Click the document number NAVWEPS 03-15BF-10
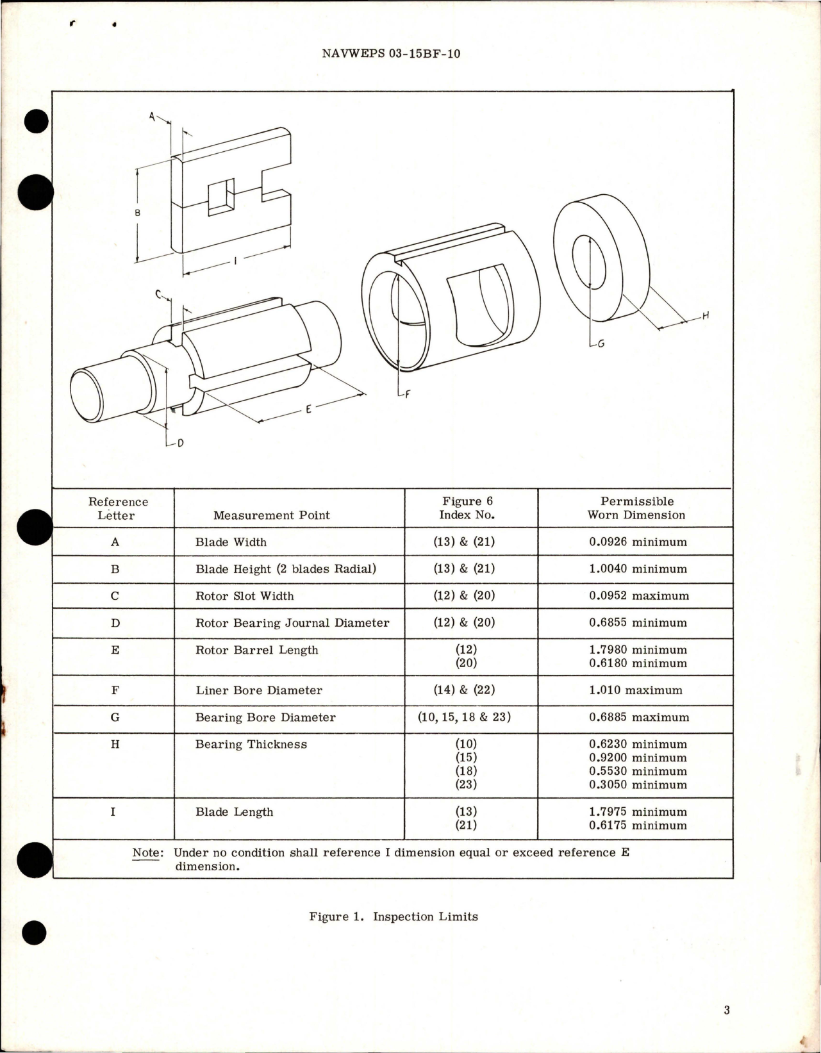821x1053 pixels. (x=390, y=54)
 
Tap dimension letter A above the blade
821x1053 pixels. (x=153, y=117)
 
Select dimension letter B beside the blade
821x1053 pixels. (x=137, y=213)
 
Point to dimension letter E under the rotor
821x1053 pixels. (x=308, y=409)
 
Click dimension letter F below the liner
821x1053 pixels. (x=406, y=395)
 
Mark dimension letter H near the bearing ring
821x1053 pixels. (x=706, y=315)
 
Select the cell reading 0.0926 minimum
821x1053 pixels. (x=637, y=542)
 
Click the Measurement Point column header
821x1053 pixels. (x=271, y=515)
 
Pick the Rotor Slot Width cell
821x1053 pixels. (x=244, y=595)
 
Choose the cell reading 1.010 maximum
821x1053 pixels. (x=635, y=690)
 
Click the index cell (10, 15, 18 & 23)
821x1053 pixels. (x=465, y=717)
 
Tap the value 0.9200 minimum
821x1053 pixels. (x=637, y=758)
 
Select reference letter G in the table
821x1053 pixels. (x=115, y=717)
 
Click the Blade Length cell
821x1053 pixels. (x=234, y=812)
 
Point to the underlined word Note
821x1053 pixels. (x=146, y=852)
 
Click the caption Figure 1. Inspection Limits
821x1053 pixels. (x=393, y=916)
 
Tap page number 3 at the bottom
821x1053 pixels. (x=727, y=1010)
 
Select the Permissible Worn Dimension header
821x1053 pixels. (x=636, y=508)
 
